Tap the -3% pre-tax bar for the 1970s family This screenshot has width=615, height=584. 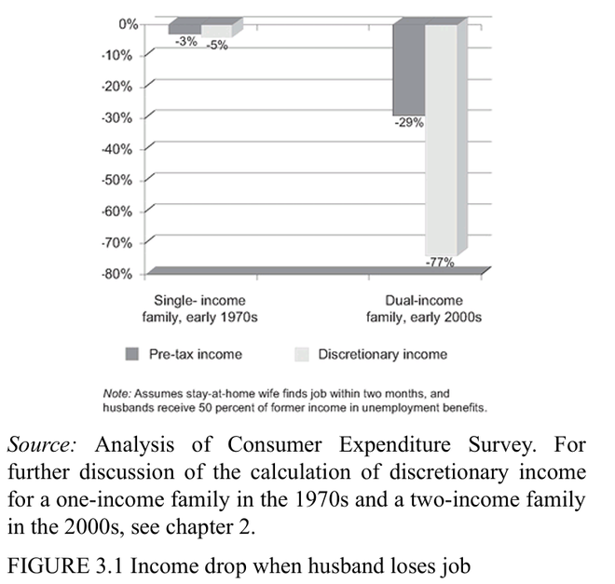pos(184,28)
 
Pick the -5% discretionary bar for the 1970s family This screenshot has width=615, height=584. pos(216,30)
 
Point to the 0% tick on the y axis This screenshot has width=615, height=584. pos(128,24)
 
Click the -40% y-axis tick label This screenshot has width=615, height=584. pos(118,149)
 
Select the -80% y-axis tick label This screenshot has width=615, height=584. pos(118,274)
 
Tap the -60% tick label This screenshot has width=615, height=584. pos(118,211)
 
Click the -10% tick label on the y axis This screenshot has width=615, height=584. pos(118,55)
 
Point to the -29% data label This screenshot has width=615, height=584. pos(409,122)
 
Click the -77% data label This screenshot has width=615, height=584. pos(440,263)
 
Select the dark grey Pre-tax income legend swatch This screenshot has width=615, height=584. pos(131,354)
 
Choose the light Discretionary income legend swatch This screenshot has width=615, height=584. pos(300,354)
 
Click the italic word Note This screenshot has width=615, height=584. pos(116,393)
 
